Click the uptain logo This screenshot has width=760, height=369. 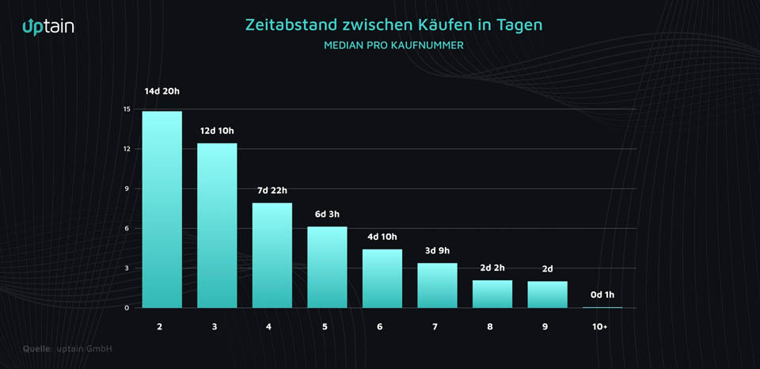[48, 26]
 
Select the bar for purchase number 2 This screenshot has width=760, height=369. [162, 209]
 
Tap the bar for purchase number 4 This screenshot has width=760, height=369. [272, 255]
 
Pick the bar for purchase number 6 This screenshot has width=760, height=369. [382, 278]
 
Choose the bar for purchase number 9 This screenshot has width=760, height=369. [548, 294]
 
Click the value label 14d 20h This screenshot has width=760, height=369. [162, 92]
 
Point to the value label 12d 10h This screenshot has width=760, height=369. [217, 130]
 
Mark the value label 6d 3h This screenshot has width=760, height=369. [327, 214]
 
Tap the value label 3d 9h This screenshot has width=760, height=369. [437, 250]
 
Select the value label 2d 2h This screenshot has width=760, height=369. [492, 268]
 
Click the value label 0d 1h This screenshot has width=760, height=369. [602, 295]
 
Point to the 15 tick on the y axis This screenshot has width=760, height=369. [127, 109]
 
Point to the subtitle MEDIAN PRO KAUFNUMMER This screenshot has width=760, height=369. [393, 45]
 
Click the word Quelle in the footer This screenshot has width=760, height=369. [36, 348]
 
